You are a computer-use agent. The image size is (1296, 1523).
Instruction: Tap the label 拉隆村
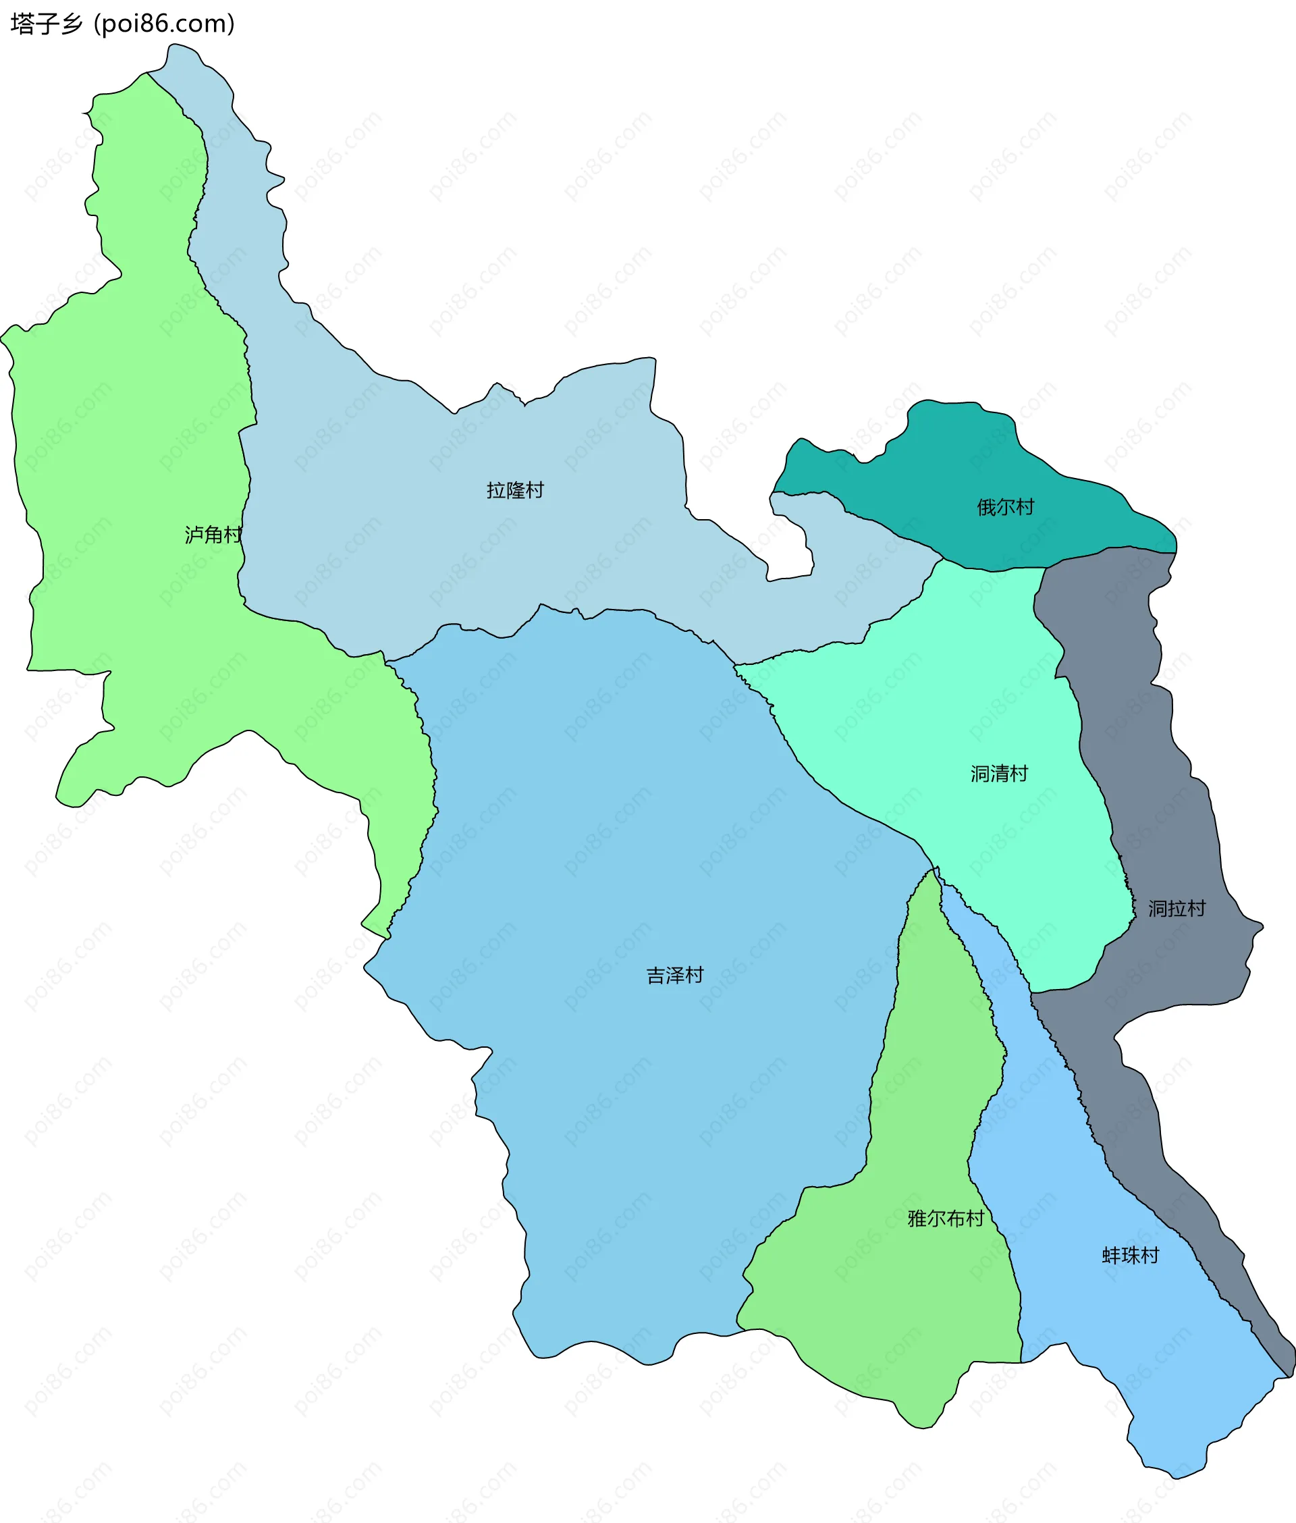514,490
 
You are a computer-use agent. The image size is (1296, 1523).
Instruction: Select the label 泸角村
213,534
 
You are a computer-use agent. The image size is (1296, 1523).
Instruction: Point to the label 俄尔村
1005,507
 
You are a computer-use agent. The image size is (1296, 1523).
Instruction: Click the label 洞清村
998,774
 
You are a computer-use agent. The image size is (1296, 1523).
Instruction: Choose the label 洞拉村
1177,909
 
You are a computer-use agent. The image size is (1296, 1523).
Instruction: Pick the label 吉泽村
674,975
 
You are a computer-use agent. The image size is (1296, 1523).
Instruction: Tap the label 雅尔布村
946,1219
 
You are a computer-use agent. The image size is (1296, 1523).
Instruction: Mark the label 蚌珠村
1130,1256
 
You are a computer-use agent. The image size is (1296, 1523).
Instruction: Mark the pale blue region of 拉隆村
404,514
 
